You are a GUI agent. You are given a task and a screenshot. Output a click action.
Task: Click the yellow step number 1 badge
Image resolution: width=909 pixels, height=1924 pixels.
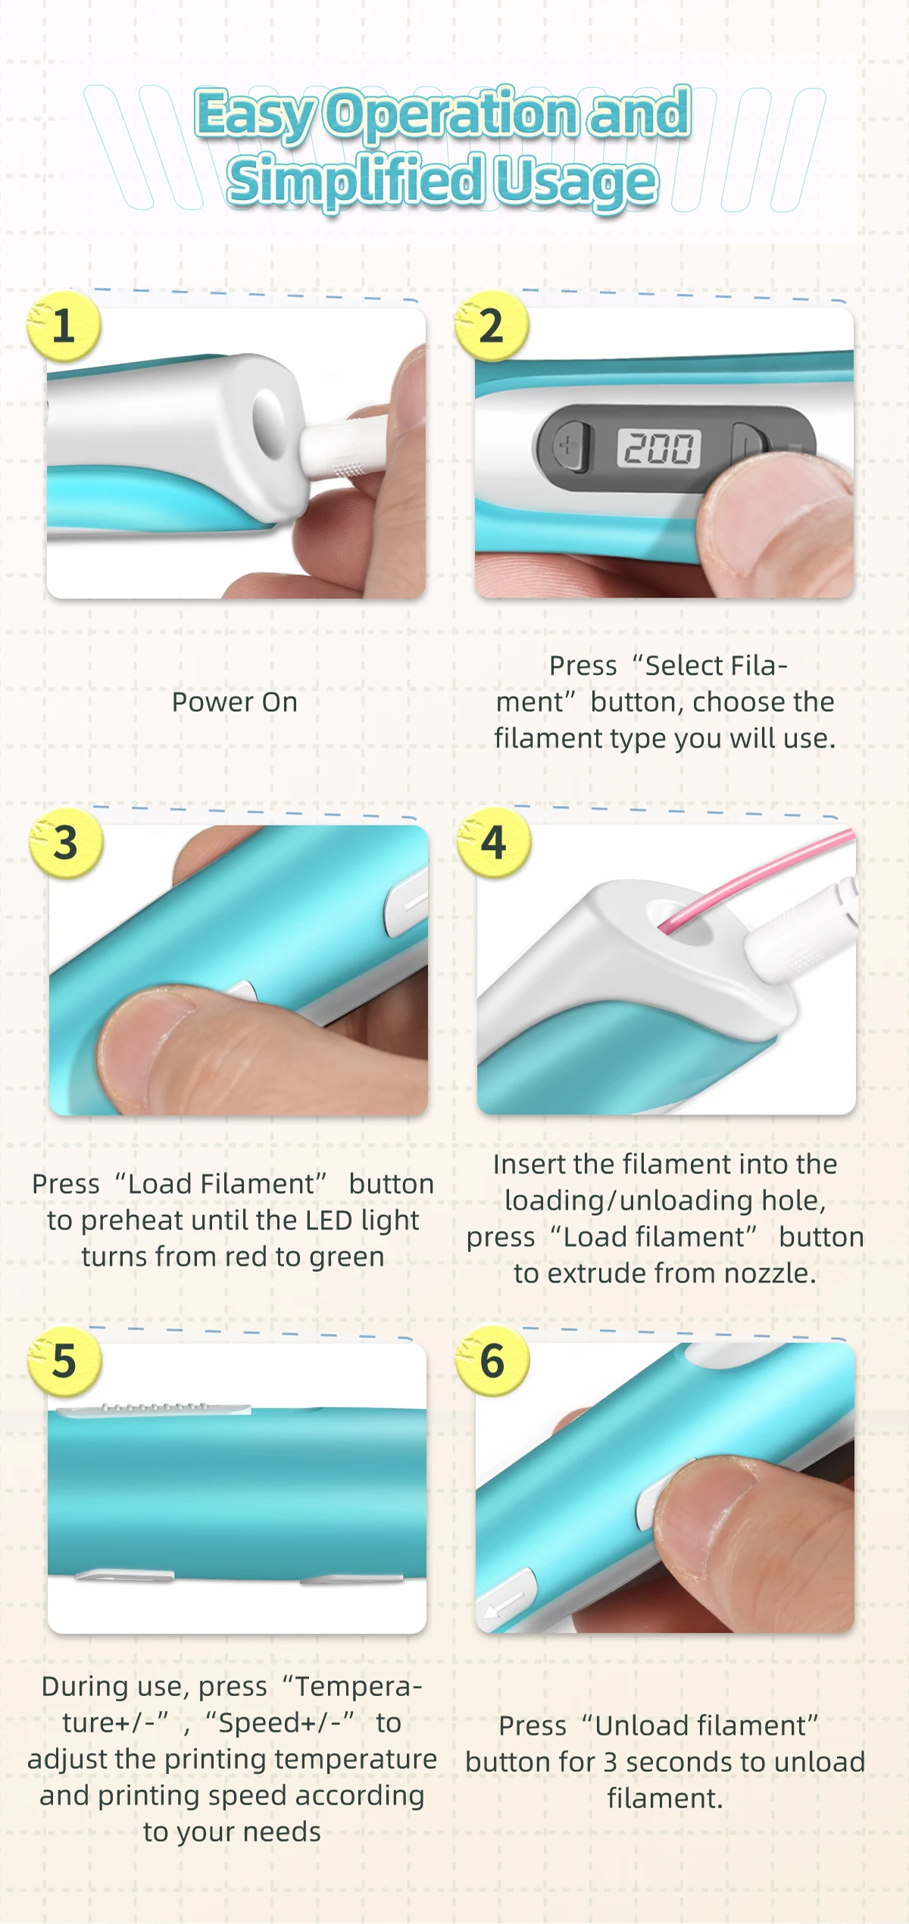point(64,326)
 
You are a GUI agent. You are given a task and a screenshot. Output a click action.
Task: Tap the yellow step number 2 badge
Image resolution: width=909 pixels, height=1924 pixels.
point(492,326)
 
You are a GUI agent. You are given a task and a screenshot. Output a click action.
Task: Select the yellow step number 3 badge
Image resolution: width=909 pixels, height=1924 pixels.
point(66,842)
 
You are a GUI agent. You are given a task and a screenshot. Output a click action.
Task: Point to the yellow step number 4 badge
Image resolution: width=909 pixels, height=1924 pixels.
point(494,842)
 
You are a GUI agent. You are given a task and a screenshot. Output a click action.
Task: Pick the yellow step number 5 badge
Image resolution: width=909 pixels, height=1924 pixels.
point(64,1361)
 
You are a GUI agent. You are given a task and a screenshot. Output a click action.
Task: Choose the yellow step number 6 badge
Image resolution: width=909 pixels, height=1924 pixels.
point(492,1361)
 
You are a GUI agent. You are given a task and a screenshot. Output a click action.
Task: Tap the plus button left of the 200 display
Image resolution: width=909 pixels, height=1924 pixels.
point(569,447)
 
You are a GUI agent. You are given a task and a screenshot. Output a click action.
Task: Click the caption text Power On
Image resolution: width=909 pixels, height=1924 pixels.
point(235,702)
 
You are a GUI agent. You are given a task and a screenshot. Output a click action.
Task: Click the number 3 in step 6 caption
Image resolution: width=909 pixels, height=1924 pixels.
point(611,1763)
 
